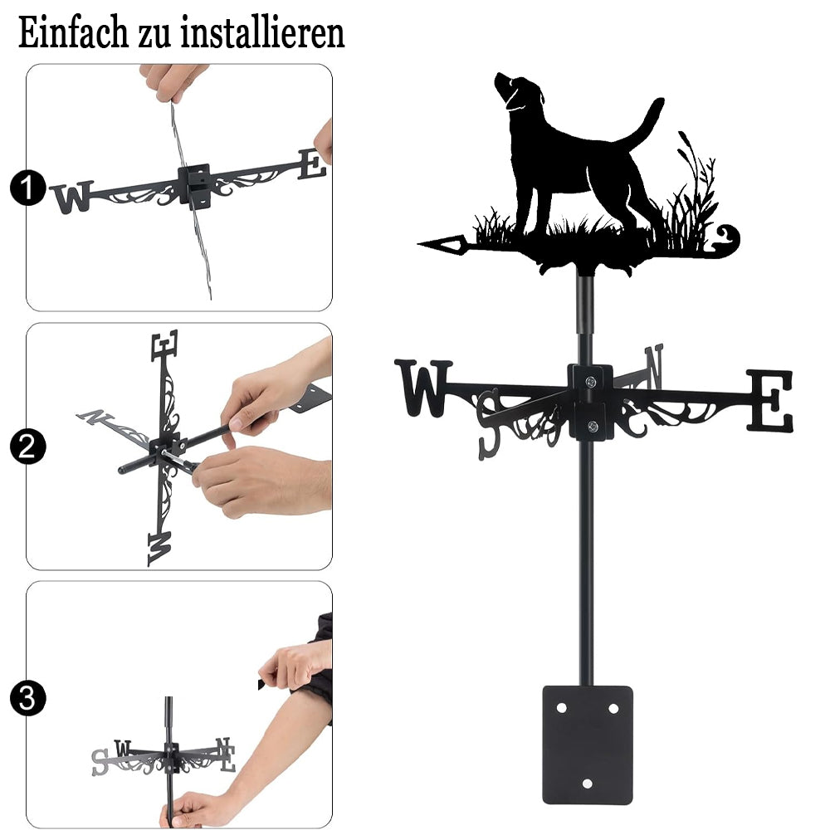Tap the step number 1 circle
27,188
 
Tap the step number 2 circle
27,447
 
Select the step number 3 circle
27,698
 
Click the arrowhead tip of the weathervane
418,244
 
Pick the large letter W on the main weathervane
423,387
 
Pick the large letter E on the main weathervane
769,400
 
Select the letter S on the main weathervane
489,424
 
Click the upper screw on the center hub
591,381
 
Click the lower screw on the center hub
593,426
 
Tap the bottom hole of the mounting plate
587,784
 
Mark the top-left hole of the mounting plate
561,708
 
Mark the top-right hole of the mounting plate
613,708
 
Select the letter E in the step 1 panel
311,164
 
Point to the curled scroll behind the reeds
725,240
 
